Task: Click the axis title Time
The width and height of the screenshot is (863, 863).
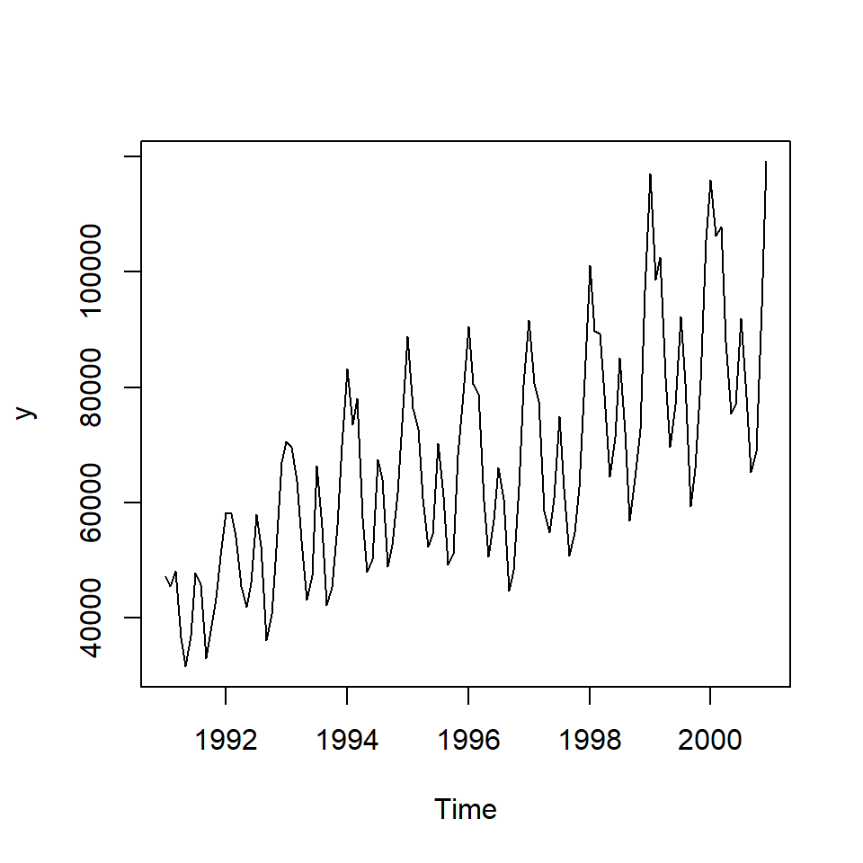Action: (x=466, y=809)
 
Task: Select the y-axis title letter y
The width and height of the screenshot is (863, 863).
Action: (x=28, y=413)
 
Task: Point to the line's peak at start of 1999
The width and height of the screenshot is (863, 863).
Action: (x=650, y=174)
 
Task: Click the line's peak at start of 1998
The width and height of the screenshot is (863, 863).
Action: (x=590, y=266)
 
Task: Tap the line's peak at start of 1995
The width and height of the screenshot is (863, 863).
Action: (x=407, y=337)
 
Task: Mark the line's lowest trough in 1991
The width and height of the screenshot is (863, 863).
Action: (x=186, y=666)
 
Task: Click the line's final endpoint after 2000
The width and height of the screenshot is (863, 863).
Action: (x=766, y=162)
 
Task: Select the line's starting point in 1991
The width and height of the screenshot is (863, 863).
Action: (x=165, y=576)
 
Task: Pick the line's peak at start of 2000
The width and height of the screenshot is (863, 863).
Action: (x=710, y=181)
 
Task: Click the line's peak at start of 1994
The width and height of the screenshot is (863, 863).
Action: (x=347, y=369)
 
